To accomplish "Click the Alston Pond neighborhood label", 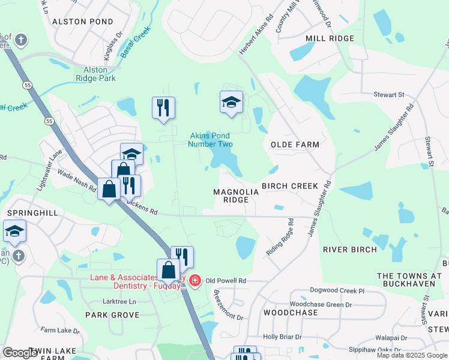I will coord(82,21).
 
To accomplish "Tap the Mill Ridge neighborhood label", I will coord(330,38).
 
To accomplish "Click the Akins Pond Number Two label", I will coord(209,140).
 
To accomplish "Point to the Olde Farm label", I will coord(295,145).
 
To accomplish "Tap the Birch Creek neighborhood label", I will coord(289,186).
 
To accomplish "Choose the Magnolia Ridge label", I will coord(236,196).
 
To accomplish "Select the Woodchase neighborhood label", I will coord(291,313).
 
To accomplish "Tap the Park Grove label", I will coord(112,314).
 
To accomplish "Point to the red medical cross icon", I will coord(195,280).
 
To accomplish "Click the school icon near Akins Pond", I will coord(231,102).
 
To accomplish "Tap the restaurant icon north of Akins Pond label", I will coord(163,108).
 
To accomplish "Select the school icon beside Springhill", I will coord(15,231).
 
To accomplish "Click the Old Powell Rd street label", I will coord(226,280).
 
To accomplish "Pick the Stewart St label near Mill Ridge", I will coord(388,95).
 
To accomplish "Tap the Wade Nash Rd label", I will coord(77,180).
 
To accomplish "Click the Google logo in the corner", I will coord(20,353).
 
